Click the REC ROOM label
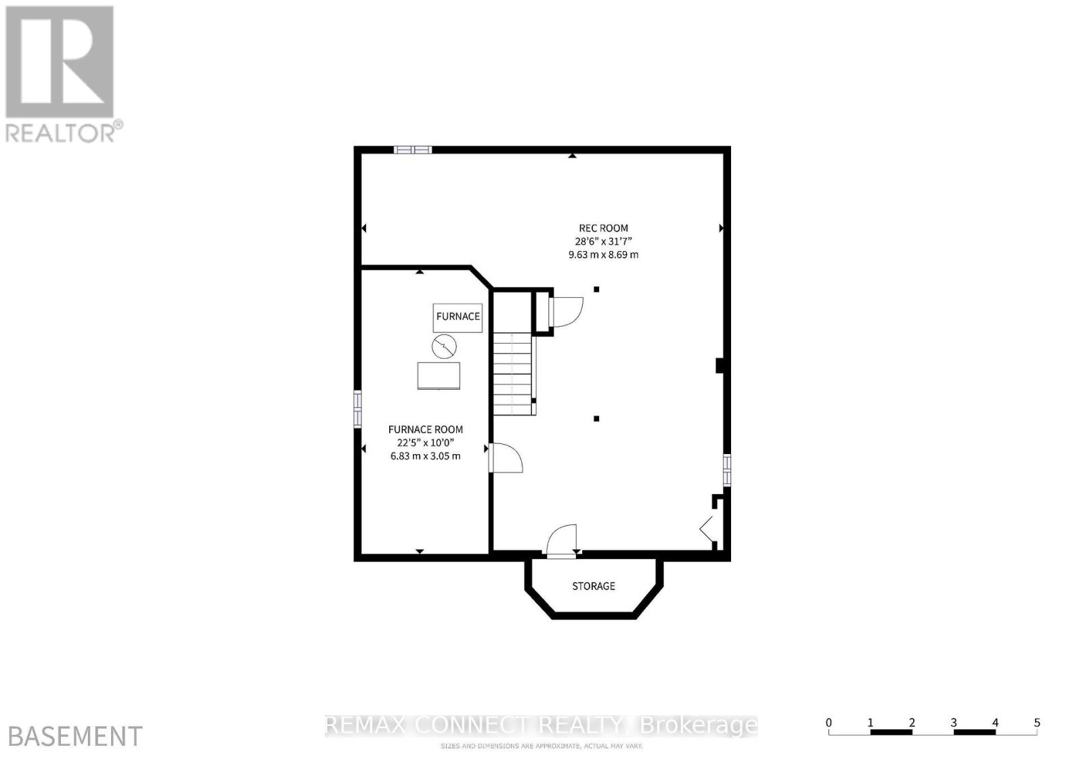coord(603,228)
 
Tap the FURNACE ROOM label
coord(425,429)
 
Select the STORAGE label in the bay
coord(594,586)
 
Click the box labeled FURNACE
coord(458,317)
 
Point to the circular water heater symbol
coord(444,347)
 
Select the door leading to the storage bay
coord(562,541)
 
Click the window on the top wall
coord(413,150)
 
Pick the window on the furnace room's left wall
coord(357,409)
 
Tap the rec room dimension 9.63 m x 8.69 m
coord(603,255)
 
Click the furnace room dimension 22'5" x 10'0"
coord(425,443)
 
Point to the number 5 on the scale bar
coord(1036,723)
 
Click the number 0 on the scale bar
coord(828,723)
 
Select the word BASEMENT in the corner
coord(74,736)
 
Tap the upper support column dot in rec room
coord(596,290)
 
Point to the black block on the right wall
coord(720,365)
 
